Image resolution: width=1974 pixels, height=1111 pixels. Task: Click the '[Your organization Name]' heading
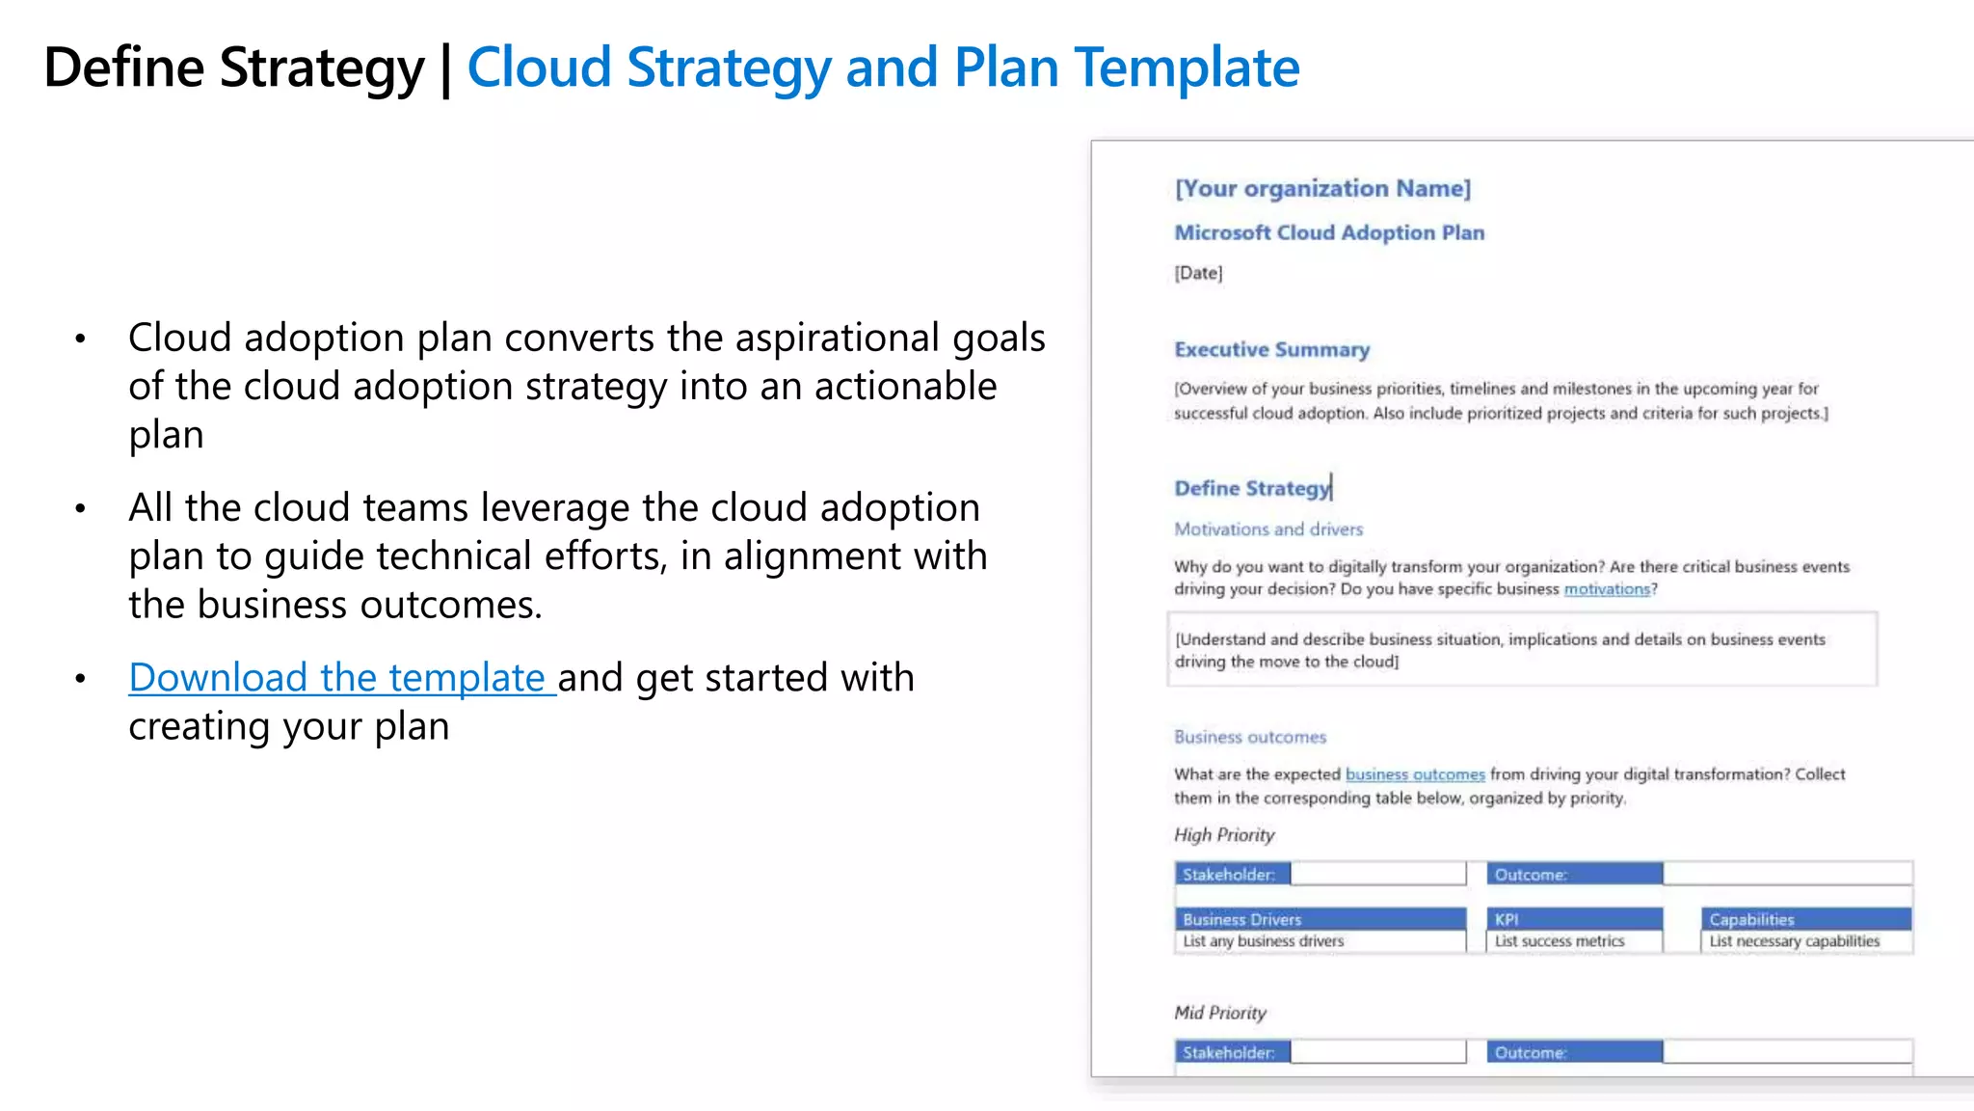coord(1322,188)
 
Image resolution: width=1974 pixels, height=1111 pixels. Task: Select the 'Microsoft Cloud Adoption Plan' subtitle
coord(1329,232)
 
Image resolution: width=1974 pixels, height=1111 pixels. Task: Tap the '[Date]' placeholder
coord(1198,273)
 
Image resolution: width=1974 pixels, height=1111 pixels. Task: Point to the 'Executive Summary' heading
coord(1271,349)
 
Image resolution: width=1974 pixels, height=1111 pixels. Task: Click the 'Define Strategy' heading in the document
coord(1252,488)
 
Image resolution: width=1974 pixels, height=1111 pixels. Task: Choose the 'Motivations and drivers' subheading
coord(1268,529)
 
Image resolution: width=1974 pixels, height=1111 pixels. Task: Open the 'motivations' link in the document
coord(1607,589)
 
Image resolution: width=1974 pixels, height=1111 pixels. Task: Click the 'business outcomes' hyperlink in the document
coord(1415,774)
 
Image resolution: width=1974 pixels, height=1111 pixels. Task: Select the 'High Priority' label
coord(1224,835)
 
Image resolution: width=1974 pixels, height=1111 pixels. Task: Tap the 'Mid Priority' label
coord(1220,1013)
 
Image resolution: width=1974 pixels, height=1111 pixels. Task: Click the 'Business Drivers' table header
coord(1242,919)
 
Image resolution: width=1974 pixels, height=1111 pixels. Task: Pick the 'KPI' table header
coord(1507,919)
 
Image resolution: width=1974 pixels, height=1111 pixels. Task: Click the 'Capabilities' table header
coord(1751,919)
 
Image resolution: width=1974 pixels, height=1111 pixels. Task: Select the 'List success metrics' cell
coord(1560,941)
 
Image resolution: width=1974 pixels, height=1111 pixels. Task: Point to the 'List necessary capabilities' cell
coord(1794,941)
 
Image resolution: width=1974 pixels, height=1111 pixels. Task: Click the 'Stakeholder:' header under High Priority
coord(1229,875)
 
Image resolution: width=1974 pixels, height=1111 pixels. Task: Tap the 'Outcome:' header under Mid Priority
coord(1531,1052)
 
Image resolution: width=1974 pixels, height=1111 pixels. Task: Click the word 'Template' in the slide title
coord(1187,68)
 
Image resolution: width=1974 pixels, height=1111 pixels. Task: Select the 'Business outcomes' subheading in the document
coord(1250,737)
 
